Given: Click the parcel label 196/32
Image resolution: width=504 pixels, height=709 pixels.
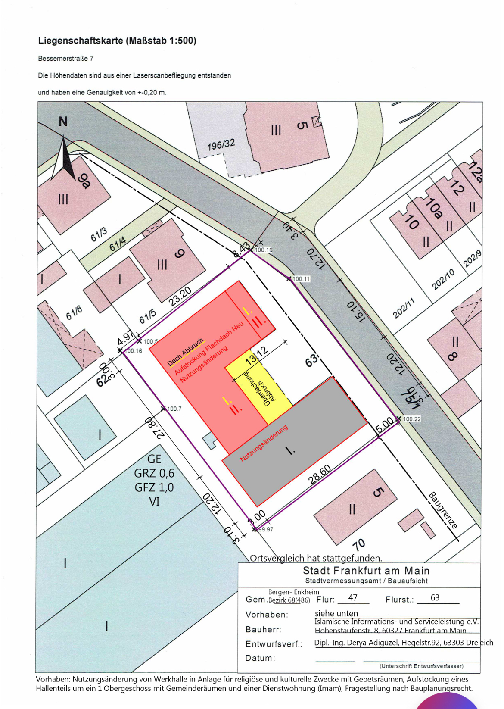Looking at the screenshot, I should (221, 145).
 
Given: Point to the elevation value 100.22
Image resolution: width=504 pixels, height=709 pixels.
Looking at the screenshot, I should (412, 419).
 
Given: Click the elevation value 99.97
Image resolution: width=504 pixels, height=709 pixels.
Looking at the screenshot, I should (266, 529).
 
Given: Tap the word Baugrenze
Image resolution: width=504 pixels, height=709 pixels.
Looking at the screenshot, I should (442, 510).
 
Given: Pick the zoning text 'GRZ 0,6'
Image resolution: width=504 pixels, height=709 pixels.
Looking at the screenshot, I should (154, 473).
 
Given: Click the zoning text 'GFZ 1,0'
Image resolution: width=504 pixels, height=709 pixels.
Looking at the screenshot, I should (154, 487).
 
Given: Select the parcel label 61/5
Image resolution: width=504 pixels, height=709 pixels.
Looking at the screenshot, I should (148, 316).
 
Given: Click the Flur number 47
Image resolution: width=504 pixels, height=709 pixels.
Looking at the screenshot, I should (353, 597).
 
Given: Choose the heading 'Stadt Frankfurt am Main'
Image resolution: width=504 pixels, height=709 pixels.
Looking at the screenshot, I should (366, 571).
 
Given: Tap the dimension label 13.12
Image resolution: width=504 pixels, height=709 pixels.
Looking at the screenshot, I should (256, 356).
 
